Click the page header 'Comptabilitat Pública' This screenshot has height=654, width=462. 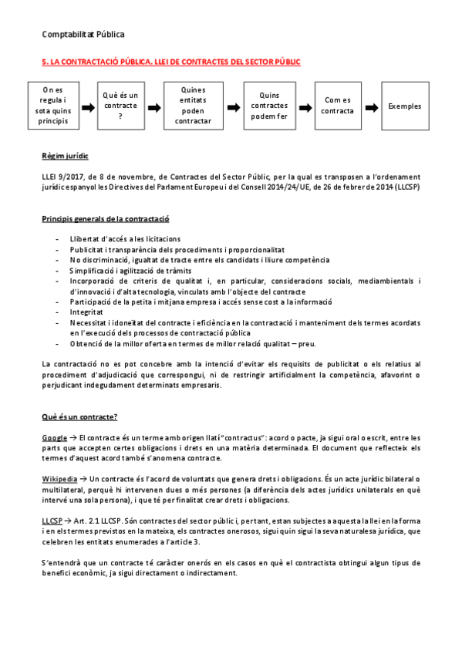[83, 34]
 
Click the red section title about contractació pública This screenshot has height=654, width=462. [170, 61]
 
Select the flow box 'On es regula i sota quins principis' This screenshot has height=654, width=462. [52, 106]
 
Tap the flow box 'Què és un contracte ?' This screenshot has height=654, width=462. [120, 106]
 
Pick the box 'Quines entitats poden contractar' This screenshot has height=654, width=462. [194, 106]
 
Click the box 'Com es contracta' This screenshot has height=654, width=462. [339, 106]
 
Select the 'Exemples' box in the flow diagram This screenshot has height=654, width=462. [406, 106]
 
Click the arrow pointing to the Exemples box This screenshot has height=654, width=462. [372, 106]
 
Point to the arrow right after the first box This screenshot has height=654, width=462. [86, 106]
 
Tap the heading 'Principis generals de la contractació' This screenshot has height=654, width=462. [106, 219]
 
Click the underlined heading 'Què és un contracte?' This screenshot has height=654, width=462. [79, 416]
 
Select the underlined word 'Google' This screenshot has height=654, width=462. [54, 437]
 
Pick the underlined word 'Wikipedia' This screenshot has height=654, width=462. [60, 479]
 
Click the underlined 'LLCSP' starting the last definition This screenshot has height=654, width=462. [52, 521]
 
